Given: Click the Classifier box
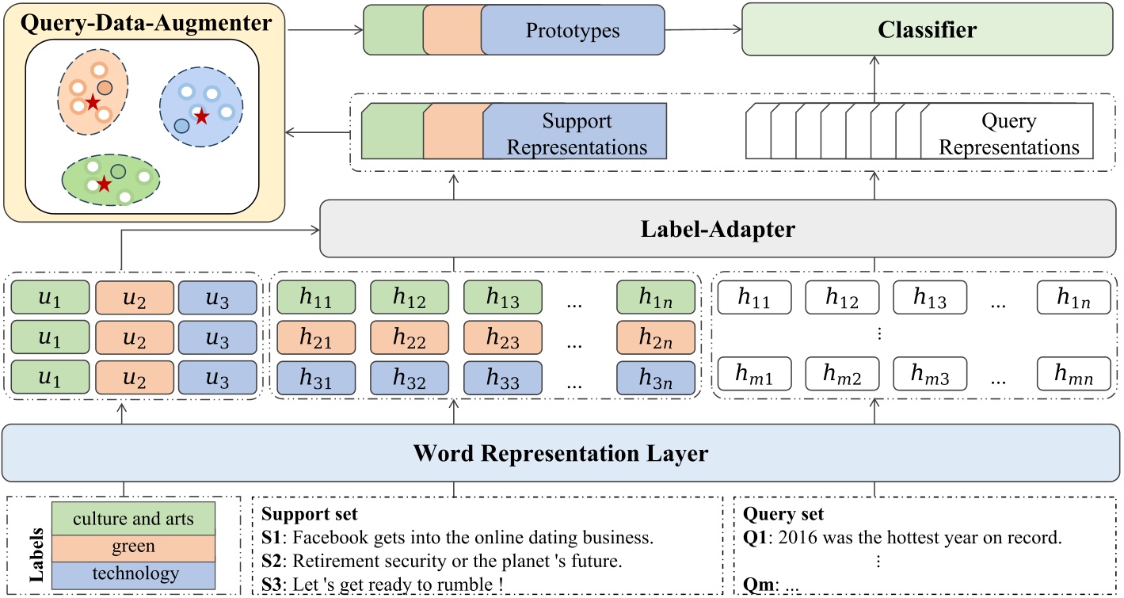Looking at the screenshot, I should coord(927,30).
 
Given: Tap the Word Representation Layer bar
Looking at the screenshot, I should coord(561,454).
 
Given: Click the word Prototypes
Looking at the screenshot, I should coord(573,32).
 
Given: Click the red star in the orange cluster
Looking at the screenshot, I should coord(93,101).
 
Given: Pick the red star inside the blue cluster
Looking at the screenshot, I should coord(202,116).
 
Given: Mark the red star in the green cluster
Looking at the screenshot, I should coord(104,185).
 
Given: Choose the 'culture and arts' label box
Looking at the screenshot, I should coord(133,520).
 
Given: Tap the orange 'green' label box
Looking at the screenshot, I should coord(133,547).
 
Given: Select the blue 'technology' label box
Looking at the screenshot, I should coord(133,573).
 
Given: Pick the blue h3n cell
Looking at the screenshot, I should coord(656,379).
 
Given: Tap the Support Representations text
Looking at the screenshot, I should coord(577,135).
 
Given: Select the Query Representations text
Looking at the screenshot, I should coord(1008,135).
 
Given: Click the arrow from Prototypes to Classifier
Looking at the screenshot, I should coord(703,31).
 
